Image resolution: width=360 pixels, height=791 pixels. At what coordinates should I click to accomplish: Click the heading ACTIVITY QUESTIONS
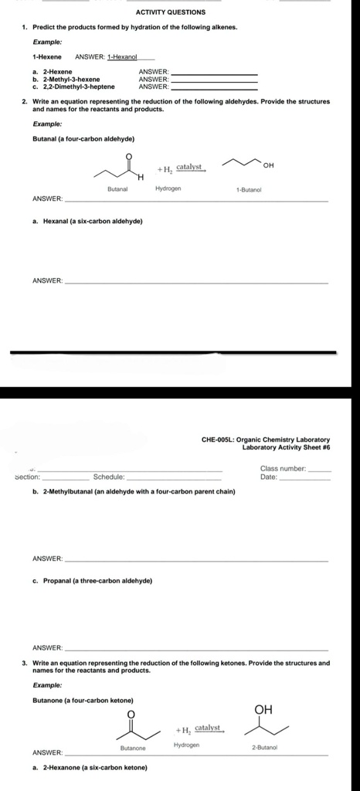170,12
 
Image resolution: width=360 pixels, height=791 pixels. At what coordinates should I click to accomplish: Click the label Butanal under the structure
117,188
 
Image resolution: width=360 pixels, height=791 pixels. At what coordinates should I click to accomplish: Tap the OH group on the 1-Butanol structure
268,165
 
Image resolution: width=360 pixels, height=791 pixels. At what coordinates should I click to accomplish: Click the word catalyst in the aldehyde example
189,166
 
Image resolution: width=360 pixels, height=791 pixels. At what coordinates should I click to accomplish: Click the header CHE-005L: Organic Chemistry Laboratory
265,440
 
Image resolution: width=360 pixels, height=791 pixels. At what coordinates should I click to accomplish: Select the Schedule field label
109,477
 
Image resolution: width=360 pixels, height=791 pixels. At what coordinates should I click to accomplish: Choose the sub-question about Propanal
97,581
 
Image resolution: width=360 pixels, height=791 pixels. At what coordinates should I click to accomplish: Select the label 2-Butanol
264,748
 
